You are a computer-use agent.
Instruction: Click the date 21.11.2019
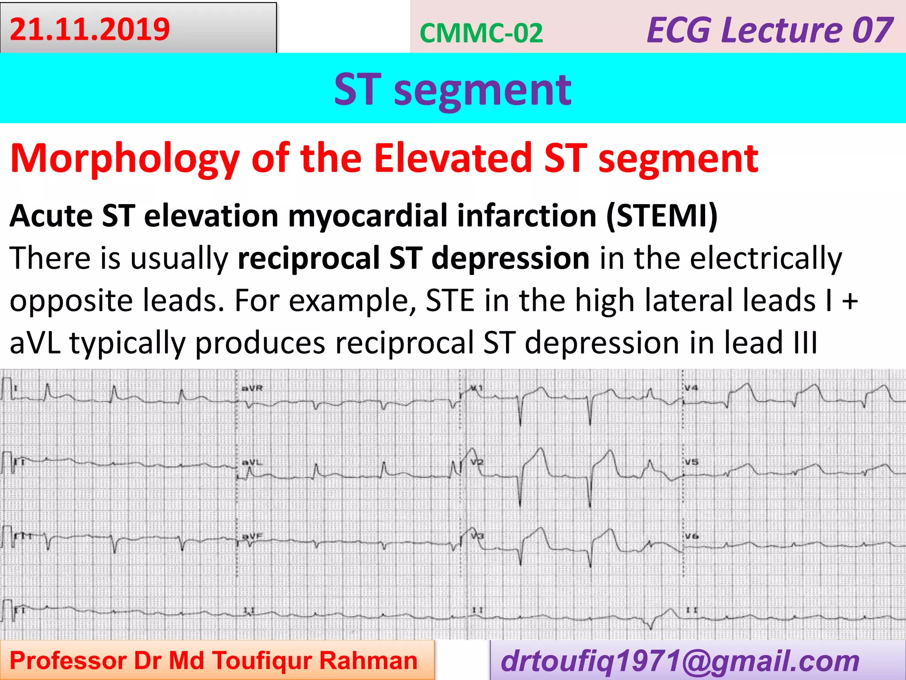point(90,29)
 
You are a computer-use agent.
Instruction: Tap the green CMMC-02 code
point(481,33)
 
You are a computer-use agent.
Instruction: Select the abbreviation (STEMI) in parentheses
point(662,216)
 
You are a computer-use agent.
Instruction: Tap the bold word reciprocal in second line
point(308,258)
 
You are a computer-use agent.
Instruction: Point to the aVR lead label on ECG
point(252,388)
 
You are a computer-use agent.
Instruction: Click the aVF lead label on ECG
point(252,536)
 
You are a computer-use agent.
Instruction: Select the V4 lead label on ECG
point(691,388)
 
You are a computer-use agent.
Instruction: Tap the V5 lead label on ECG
point(691,462)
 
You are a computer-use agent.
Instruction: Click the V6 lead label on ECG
point(691,536)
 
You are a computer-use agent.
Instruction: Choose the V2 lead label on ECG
point(477,462)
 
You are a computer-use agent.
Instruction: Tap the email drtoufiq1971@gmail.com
point(680,661)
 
